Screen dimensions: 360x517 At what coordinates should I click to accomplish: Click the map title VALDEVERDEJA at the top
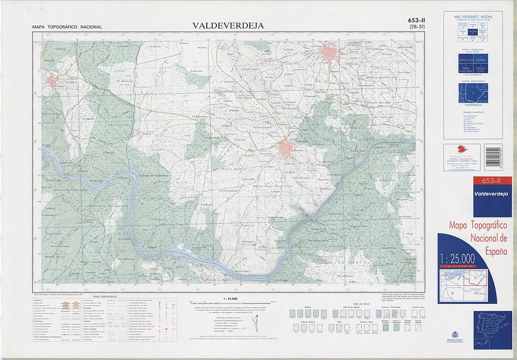(x=228, y=25)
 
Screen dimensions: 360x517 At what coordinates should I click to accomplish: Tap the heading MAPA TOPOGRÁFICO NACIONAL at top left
(x=67, y=27)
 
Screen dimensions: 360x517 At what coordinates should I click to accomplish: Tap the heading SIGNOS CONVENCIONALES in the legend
(x=105, y=296)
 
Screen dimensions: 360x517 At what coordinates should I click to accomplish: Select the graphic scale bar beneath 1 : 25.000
(x=233, y=302)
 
